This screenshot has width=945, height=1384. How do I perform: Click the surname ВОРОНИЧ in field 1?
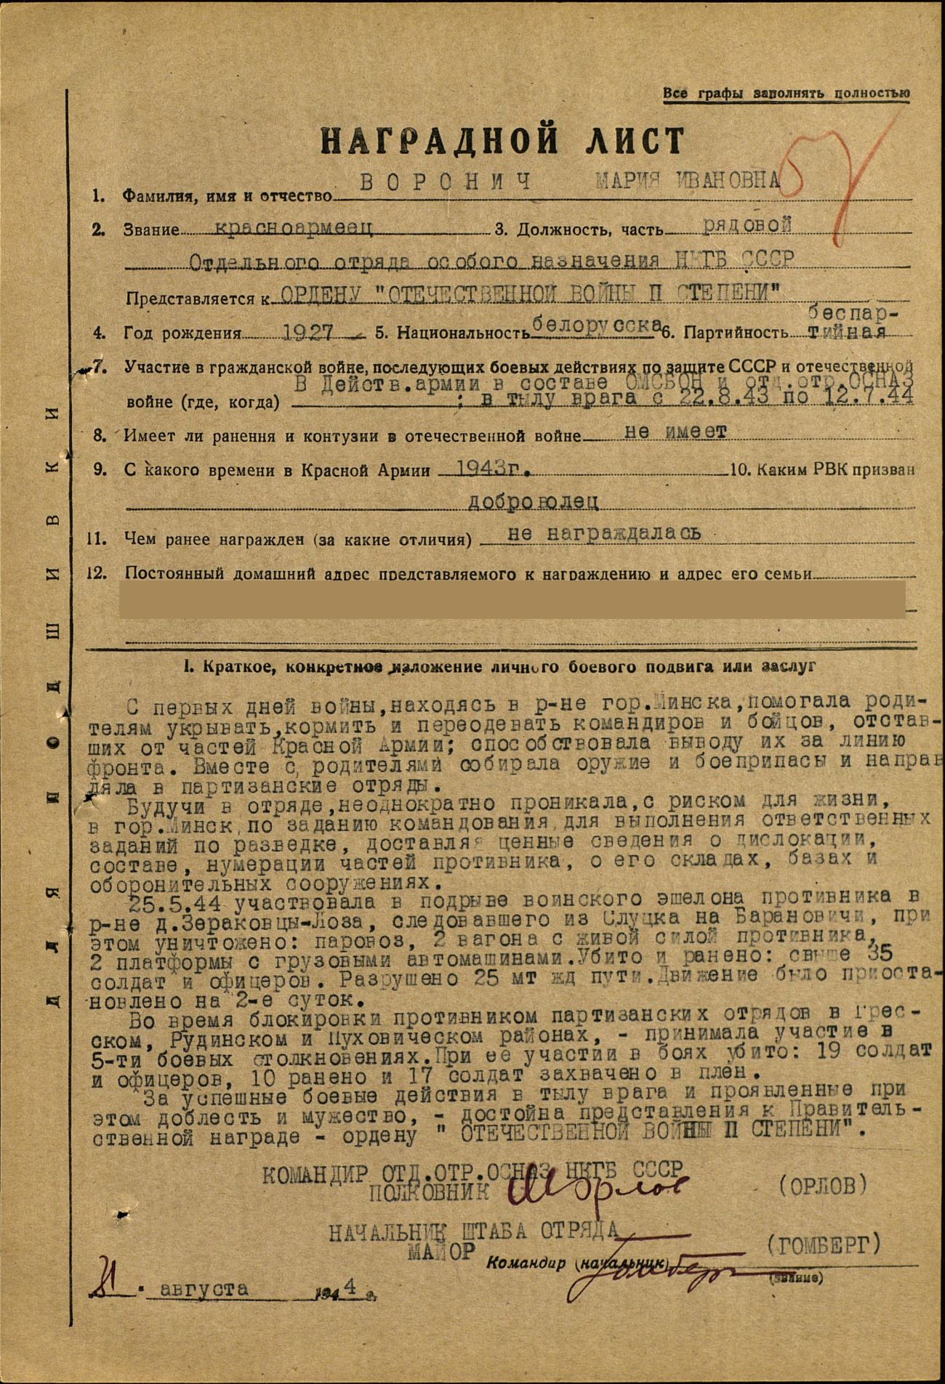(446, 182)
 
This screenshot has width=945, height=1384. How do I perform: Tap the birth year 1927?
(307, 332)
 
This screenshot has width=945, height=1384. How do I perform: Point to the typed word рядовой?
(747, 225)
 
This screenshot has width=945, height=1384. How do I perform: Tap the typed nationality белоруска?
(596, 326)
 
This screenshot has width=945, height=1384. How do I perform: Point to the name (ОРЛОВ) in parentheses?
(822, 1186)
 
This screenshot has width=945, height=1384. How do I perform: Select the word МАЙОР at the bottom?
(441, 1250)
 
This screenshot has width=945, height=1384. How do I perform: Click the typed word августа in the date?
(204, 1289)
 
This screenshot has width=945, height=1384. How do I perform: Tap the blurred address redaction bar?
(512, 599)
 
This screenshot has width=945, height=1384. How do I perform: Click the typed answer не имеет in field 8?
(676, 432)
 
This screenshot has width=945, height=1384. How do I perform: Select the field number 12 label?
(97, 572)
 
